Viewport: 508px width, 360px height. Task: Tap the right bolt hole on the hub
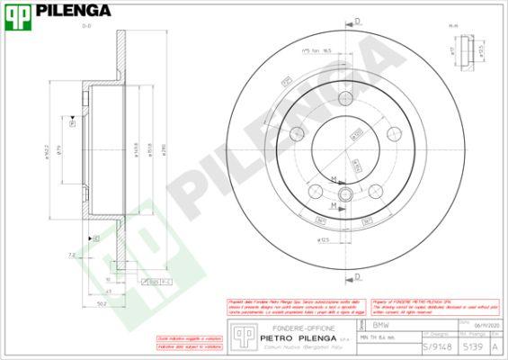(x=394, y=135)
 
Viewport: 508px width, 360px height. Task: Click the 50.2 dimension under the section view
(x=102, y=303)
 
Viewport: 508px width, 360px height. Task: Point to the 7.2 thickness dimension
(x=70, y=255)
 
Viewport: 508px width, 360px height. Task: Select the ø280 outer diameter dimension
(x=163, y=149)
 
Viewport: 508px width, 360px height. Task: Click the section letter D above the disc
(x=356, y=20)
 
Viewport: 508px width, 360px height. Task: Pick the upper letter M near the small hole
(x=334, y=180)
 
